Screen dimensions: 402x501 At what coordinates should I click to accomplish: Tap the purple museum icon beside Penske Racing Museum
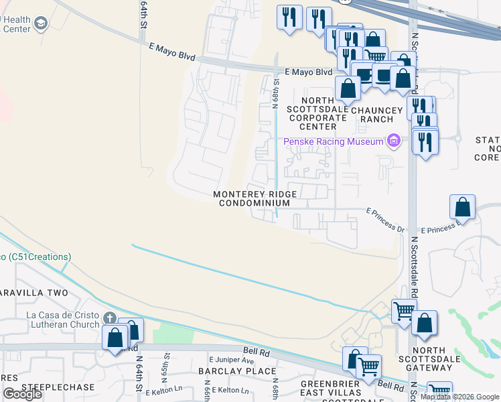coord(394,141)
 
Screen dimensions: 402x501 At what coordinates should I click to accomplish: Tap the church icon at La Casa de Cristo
coord(111,318)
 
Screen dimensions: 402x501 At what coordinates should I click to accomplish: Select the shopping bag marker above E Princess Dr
coord(463,206)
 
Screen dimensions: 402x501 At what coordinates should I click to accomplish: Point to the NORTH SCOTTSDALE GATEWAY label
coord(442,359)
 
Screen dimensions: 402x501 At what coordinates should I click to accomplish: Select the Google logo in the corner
coord(22,394)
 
